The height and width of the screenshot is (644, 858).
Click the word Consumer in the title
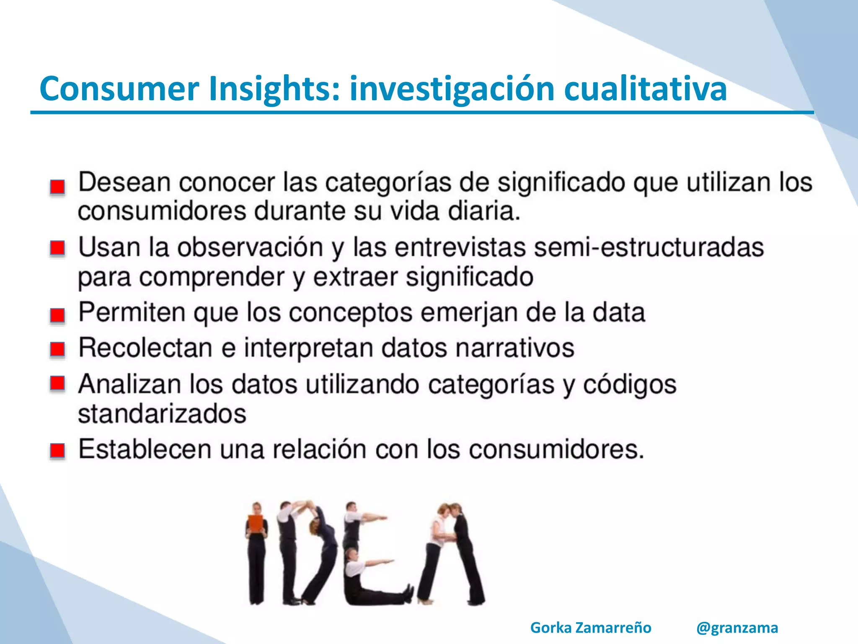point(119,89)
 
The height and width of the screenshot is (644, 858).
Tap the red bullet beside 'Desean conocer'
point(58,187)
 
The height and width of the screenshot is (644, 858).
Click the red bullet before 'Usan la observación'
point(58,248)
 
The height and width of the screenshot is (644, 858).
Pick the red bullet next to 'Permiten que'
point(58,315)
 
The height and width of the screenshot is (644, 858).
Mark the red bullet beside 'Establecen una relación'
point(58,451)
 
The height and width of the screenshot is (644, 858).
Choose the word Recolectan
point(145,348)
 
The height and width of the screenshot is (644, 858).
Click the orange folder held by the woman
point(256,524)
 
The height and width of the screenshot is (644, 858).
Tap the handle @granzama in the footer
point(737,628)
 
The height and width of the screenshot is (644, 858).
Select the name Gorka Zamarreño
point(591,628)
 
